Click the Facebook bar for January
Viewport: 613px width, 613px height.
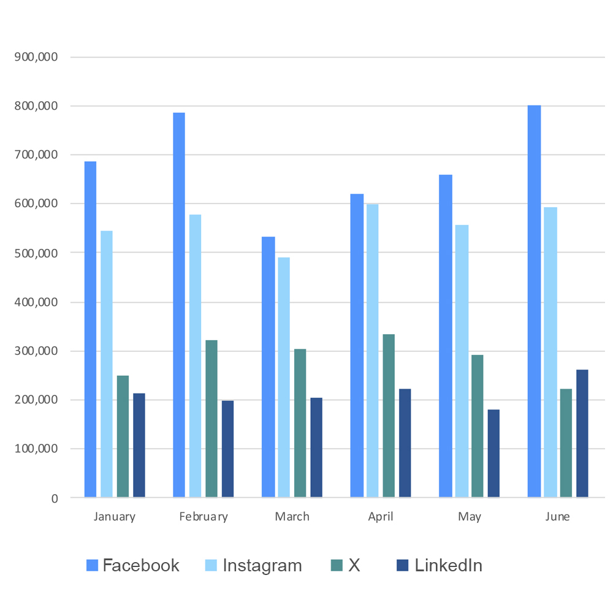coord(90,329)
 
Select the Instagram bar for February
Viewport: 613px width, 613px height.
coord(195,356)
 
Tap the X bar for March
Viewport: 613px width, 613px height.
coord(300,423)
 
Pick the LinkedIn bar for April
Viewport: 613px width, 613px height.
coord(405,443)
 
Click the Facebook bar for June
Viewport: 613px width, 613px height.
coord(534,301)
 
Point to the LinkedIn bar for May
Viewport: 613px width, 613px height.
coord(493,454)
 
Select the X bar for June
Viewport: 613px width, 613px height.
coord(566,443)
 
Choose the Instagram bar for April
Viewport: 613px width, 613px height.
coord(373,351)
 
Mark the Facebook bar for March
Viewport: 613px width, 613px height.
coord(268,367)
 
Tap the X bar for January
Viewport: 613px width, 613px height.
coord(123,436)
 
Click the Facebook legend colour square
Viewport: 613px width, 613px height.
coord(93,565)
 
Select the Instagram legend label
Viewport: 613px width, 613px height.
coord(262,566)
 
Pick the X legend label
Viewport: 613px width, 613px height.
coord(354,565)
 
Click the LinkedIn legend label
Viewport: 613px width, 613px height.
coord(449,565)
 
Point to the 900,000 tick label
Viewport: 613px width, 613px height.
coord(36,57)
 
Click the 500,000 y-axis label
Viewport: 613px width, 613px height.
coord(36,253)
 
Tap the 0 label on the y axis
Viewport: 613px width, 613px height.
coord(55,498)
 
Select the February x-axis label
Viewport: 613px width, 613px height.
coord(204,517)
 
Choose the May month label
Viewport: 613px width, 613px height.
coord(469,517)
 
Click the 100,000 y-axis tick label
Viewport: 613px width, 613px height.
coord(36,449)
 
